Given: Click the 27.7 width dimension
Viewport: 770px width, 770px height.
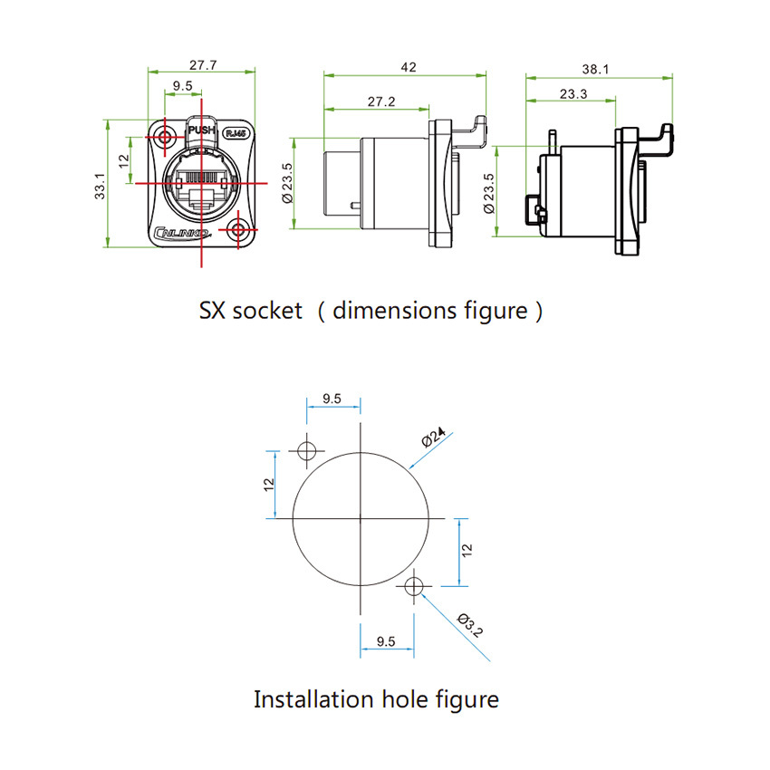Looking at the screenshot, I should (x=202, y=66).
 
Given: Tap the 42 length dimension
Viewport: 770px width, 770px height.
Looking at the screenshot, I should (x=407, y=66).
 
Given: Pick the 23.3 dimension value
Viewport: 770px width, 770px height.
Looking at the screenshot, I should (x=573, y=93).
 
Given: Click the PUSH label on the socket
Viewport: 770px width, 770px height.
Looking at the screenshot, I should (x=201, y=130).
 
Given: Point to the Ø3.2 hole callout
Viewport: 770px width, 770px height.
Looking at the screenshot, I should (x=472, y=625).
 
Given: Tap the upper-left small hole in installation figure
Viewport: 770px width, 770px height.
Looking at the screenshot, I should (x=307, y=450).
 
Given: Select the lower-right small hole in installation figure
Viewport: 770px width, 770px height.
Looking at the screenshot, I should (x=414, y=586).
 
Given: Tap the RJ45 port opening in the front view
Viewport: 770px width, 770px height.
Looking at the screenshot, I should (x=201, y=181).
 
